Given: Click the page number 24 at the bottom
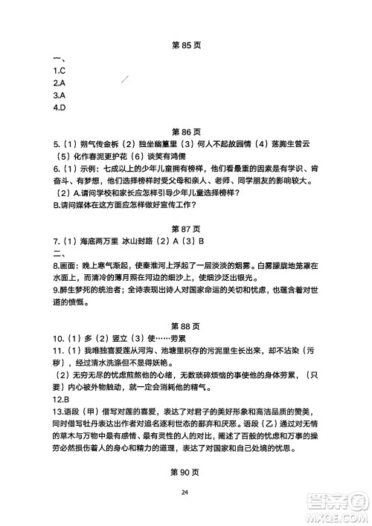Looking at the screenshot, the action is coord(186,513).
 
